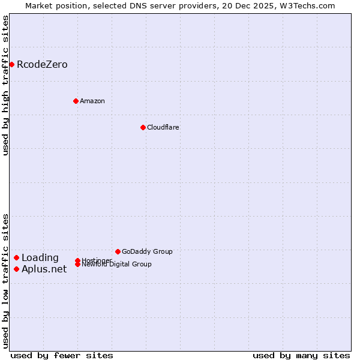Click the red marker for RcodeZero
point(11,64)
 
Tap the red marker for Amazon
point(76,101)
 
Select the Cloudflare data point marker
point(143,127)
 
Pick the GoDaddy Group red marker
point(118,251)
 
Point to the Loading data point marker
point(16,258)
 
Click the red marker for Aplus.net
point(16,269)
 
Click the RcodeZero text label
point(42,64)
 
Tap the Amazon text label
point(92,101)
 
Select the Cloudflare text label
point(163,127)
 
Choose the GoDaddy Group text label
point(147,251)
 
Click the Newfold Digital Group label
point(116,265)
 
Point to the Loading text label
point(40,258)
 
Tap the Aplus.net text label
point(44,269)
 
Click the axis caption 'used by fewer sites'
point(62,355)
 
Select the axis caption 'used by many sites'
point(301,355)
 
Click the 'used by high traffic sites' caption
point(6,85)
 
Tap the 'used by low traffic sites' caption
point(6,281)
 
